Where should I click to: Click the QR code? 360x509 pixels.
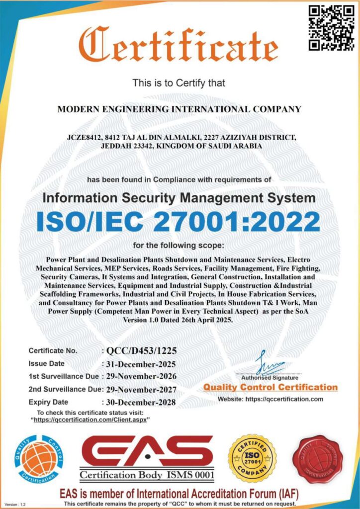(326, 28)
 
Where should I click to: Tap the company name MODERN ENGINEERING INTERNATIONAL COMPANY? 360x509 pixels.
(180, 109)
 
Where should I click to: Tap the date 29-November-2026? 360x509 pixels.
(142, 376)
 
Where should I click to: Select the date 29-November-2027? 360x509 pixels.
(142, 389)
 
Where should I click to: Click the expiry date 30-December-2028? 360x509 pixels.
(141, 403)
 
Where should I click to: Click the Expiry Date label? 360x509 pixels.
(48, 402)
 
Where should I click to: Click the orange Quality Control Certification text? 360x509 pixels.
(270, 387)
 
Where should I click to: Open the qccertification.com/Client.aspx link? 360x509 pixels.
(92, 420)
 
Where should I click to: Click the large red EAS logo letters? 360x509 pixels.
(147, 451)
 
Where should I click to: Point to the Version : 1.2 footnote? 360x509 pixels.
(15, 504)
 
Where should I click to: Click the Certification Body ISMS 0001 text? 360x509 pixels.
(148, 476)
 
